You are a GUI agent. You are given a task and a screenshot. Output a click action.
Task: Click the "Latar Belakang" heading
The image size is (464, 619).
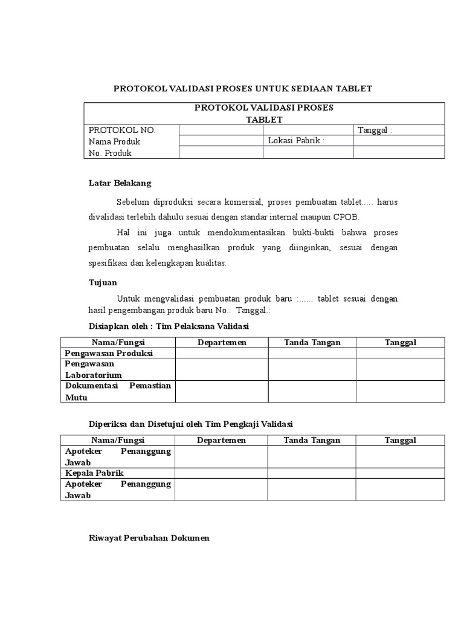point(120,183)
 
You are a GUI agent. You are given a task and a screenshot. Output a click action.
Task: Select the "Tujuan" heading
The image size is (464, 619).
point(103,282)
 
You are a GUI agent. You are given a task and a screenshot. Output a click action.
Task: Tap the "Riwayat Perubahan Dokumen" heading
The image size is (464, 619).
point(149,538)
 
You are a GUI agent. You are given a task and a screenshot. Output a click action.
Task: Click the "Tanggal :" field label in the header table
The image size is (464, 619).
point(375,130)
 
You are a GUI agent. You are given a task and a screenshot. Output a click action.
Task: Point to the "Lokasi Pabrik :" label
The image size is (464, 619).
point(296,141)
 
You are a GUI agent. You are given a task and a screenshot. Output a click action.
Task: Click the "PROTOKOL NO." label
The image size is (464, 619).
point(123,130)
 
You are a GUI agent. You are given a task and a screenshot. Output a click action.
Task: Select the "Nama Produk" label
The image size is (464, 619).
point(115,141)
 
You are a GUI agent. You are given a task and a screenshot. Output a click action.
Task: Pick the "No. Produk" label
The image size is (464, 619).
point(111,153)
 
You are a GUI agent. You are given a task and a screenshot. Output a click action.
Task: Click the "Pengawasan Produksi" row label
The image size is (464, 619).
point(109,353)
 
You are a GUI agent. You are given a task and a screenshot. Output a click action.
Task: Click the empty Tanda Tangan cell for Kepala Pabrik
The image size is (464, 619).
point(312,473)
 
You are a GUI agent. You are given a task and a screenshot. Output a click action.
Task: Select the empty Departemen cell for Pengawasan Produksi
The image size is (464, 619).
point(222,353)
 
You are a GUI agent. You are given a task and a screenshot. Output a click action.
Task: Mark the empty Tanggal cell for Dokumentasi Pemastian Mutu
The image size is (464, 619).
point(401,392)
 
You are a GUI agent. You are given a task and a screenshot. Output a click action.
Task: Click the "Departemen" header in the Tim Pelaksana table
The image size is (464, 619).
point(222,343)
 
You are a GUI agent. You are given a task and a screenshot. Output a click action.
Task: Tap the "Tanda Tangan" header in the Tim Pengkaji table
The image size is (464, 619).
point(312,440)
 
